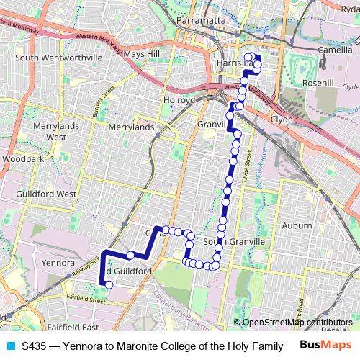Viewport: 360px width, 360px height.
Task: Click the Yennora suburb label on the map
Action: point(59,263)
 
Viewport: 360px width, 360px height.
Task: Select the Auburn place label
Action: point(297,225)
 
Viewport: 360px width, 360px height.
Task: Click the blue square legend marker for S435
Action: point(10,346)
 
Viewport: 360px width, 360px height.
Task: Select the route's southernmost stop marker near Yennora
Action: point(109,284)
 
